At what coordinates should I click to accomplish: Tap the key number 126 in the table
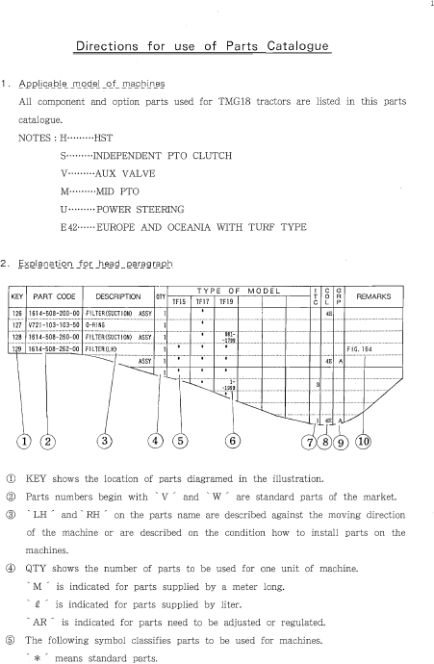point(16,313)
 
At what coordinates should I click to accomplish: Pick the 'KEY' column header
point(16,297)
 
